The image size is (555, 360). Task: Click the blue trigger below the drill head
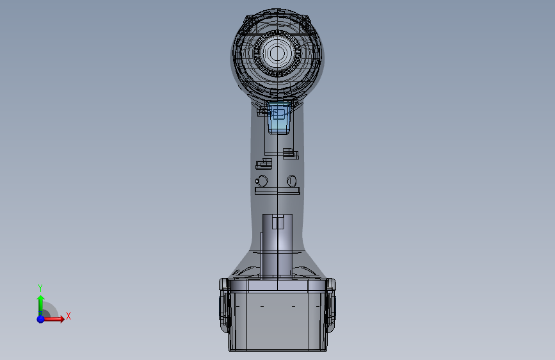[279, 118]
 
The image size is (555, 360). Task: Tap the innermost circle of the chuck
[277, 54]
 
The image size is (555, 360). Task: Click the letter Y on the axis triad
[40, 288]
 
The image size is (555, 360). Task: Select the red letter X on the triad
[68, 316]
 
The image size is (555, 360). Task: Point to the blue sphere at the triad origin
[41, 319]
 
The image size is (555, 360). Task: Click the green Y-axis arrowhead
[41, 299]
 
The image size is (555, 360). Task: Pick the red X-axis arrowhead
[61, 318]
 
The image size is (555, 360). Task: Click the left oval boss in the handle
[262, 181]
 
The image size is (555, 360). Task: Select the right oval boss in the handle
[291, 181]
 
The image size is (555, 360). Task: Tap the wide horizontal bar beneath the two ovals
[278, 191]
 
